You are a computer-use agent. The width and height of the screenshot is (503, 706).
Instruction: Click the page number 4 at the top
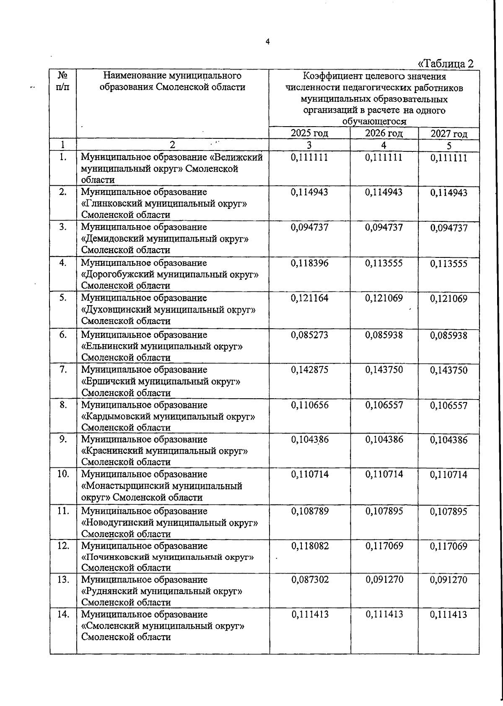coord(267,41)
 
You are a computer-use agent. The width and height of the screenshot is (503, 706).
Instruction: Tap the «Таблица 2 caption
coord(446,64)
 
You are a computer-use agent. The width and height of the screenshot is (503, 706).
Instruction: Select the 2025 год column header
coord(309,133)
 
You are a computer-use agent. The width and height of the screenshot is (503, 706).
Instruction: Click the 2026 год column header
coord(384,133)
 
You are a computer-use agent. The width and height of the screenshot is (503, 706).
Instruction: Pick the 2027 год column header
coord(449,134)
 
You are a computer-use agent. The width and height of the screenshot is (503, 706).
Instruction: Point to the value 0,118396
coord(309,263)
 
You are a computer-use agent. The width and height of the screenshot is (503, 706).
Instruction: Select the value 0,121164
coord(309,298)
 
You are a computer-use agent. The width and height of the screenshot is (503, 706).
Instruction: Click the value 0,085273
coord(309,335)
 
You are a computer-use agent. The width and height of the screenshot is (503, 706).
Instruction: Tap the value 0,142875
coord(309,370)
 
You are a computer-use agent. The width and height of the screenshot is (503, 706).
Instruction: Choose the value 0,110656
coord(309,405)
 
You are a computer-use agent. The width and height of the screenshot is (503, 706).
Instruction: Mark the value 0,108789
coord(309,511)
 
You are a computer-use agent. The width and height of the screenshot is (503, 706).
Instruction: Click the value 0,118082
coord(309,546)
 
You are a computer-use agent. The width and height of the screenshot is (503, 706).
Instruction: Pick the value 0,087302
coord(309,580)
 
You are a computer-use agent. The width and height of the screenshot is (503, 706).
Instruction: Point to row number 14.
coord(63,614)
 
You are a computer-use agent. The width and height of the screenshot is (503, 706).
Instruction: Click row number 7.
coord(63,370)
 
